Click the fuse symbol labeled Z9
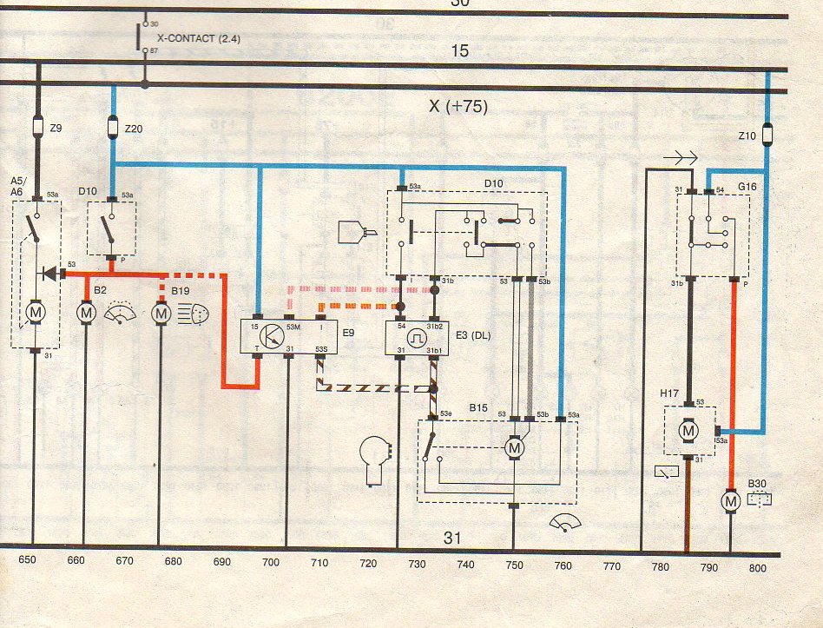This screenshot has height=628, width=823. pyautogui.click(x=37, y=128)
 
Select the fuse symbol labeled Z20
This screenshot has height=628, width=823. pyautogui.click(x=113, y=129)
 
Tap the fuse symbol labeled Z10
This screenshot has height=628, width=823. pyautogui.click(x=767, y=135)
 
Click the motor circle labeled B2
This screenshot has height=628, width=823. pyautogui.click(x=86, y=311)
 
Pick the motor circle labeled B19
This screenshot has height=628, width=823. pyautogui.click(x=161, y=311)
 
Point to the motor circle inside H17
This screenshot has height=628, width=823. pyautogui.click(x=688, y=430)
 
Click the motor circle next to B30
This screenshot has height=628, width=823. pyautogui.click(x=730, y=501)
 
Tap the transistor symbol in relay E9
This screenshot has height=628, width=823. pyautogui.click(x=272, y=335)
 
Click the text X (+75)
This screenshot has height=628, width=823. pyautogui.click(x=458, y=107)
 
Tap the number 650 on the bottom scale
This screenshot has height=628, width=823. pyautogui.click(x=28, y=560)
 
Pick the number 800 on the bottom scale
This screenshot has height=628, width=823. pyautogui.click(x=758, y=568)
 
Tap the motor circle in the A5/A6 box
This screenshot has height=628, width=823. pyautogui.click(x=37, y=311)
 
